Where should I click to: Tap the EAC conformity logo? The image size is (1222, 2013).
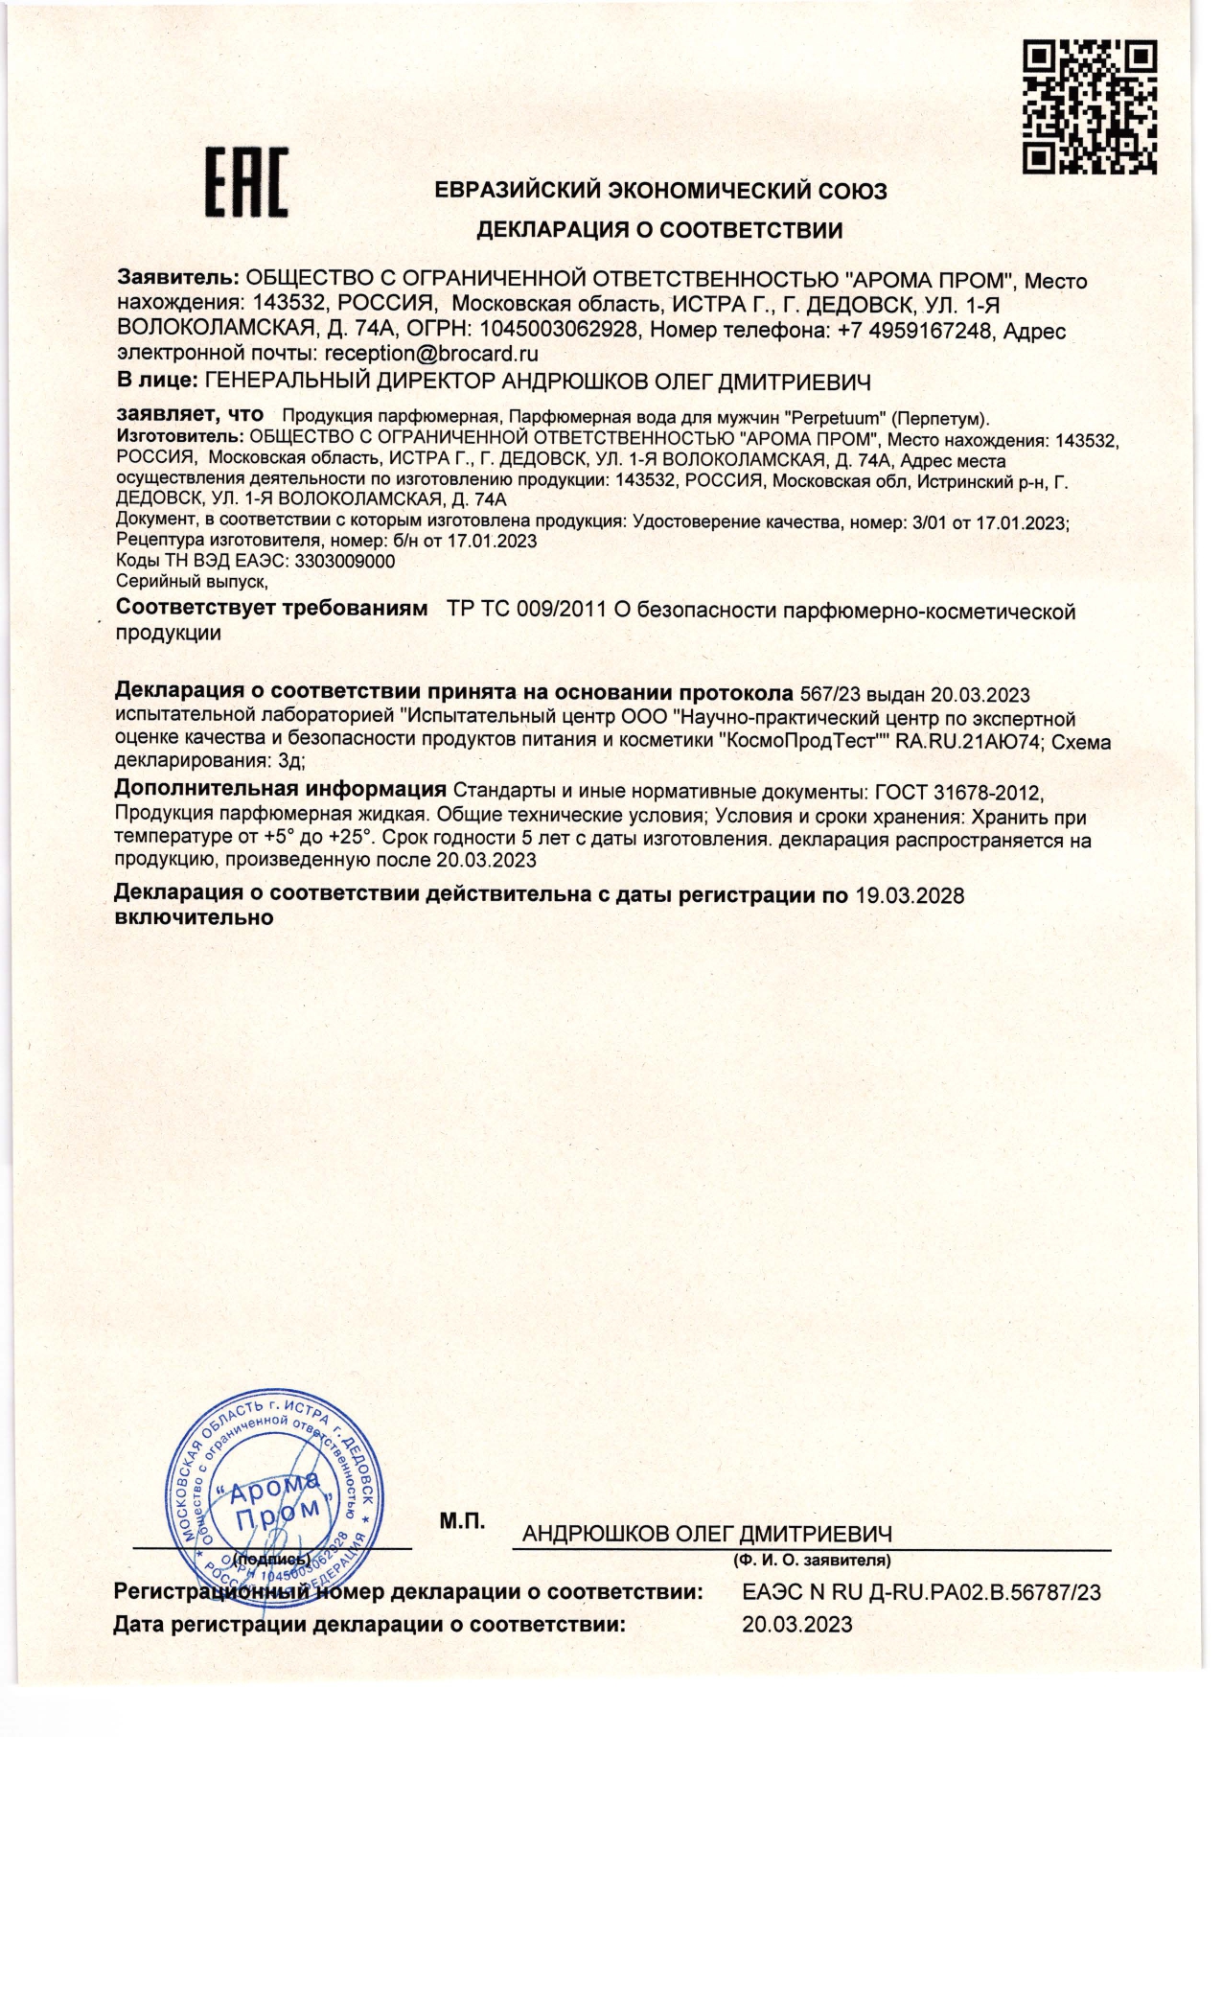245,182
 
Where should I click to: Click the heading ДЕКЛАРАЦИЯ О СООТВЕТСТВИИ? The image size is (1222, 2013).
660,230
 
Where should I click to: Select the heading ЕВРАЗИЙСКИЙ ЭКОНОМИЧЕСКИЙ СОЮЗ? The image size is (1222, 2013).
660,191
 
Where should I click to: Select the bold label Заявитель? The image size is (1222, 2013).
177,280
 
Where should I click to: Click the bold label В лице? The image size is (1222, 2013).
156,382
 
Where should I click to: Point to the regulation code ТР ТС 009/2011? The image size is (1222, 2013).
526,612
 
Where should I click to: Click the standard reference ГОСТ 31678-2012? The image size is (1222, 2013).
957,793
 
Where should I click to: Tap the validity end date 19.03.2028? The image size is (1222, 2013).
909,895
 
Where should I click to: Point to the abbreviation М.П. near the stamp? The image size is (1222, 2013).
462,1520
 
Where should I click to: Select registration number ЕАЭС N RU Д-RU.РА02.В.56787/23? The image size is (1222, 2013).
921,1592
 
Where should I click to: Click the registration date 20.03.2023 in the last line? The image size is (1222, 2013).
796,1624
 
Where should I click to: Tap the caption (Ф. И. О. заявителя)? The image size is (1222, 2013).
812,1560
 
